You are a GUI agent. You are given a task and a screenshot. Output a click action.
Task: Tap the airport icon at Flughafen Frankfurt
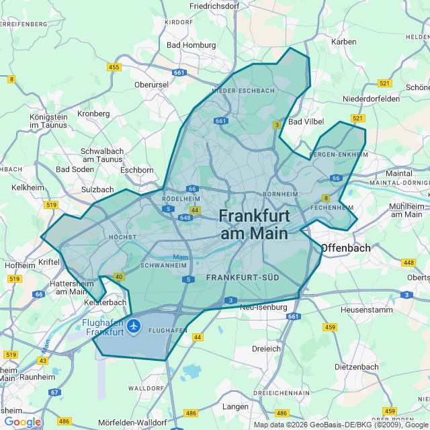pyautogui.click(x=134, y=326)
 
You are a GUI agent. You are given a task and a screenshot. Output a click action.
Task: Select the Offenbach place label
pyautogui.click(x=345, y=248)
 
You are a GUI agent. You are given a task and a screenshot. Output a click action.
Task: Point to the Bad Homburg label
pyautogui.click(x=191, y=45)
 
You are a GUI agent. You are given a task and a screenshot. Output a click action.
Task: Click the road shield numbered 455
pyautogui.click(x=114, y=67)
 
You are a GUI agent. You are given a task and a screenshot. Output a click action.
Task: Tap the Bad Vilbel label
pyautogui.click(x=306, y=122)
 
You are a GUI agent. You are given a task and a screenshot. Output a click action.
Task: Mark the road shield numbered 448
pyautogui.click(x=409, y=263)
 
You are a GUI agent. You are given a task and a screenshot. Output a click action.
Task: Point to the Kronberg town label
pyautogui.click(x=93, y=114)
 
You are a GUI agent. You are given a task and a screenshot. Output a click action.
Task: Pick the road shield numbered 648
pyautogui.click(x=185, y=218)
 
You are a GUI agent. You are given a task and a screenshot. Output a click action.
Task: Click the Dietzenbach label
pyautogui.click(x=357, y=368)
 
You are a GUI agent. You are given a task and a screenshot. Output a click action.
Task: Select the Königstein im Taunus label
pyautogui.click(x=48, y=121)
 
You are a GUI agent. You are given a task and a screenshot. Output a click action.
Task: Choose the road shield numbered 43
pyautogui.click(x=43, y=361)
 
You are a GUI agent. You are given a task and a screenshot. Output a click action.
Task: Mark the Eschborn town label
pyautogui.click(x=136, y=170)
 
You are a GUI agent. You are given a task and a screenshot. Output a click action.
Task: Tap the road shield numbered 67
pyautogui.click(x=55, y=392)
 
